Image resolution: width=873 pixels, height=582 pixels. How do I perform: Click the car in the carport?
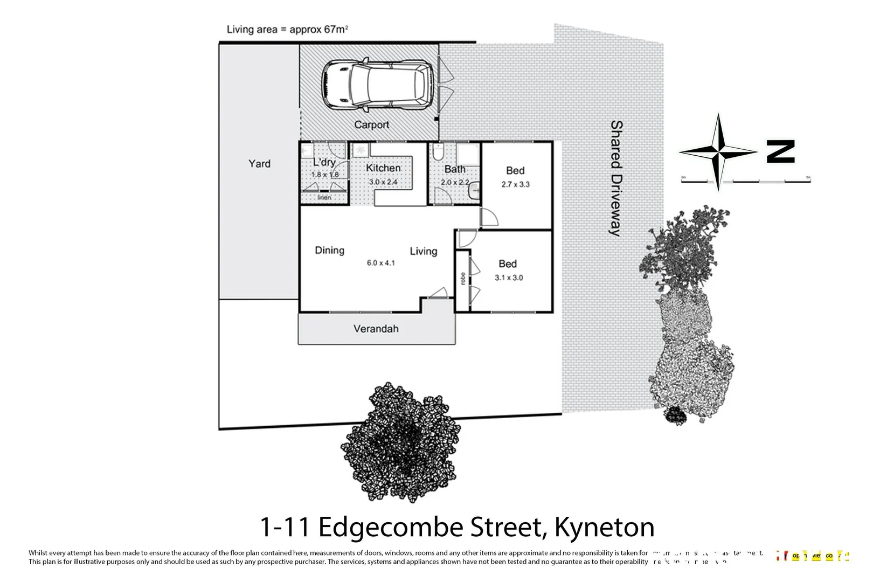[377, 85]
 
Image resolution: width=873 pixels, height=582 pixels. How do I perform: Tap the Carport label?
[371, 124]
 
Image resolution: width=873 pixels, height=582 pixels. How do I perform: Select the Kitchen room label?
[383, 168]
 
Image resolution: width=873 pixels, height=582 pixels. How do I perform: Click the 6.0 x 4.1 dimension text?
[380, 263]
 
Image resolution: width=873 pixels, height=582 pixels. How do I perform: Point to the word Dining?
[329, 250]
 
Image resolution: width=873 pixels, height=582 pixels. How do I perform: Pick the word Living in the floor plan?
[423, 251]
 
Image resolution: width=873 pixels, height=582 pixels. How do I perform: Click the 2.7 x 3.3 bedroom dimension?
[515, 184]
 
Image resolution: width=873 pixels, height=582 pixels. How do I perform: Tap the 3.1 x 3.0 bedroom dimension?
[509, 278]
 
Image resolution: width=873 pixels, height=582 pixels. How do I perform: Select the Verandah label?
[376, 329]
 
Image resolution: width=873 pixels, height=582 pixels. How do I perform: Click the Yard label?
[259, 163]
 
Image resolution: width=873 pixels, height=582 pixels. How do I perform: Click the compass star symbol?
[718, 152]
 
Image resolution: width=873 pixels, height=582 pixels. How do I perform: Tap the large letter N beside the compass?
[780, 152]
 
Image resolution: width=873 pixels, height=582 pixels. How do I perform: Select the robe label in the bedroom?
[462, 278]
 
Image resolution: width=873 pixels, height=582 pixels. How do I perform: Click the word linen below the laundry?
[324, 198]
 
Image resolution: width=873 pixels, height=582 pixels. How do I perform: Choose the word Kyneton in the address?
[604, 527]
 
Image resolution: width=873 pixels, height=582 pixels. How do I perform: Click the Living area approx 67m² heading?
[287, 29]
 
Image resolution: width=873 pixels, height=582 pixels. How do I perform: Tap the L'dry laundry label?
[324, 162]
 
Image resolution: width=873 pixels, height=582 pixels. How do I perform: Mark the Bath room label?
[455, 169]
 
